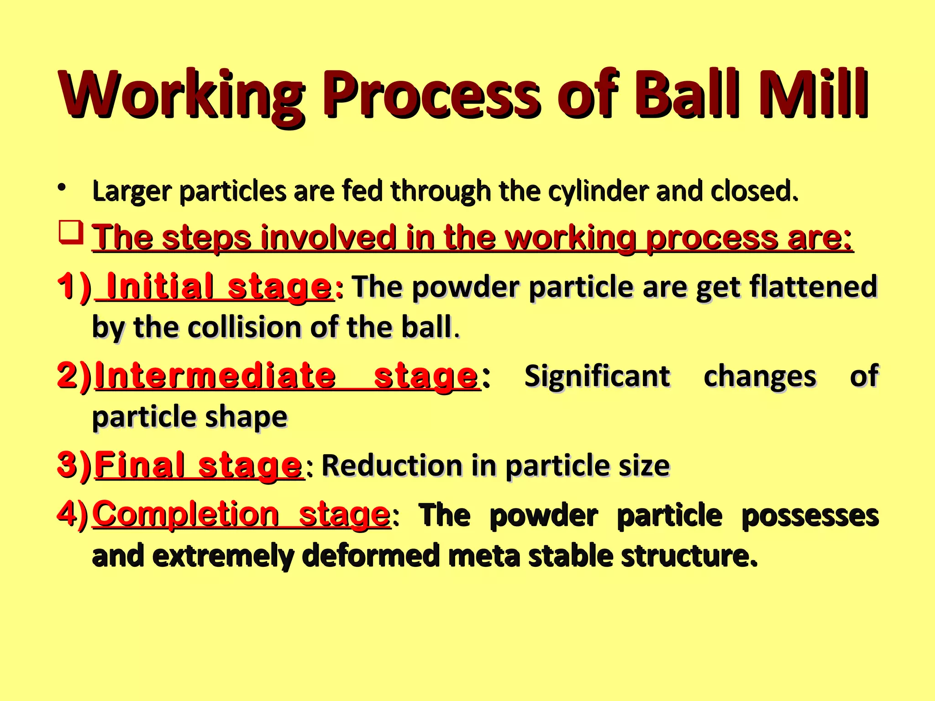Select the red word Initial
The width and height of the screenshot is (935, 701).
pos(160,286)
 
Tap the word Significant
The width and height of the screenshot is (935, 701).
pos(597,377)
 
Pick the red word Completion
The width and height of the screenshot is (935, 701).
pos(185,513)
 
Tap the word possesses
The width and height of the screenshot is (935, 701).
pos(810,516)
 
